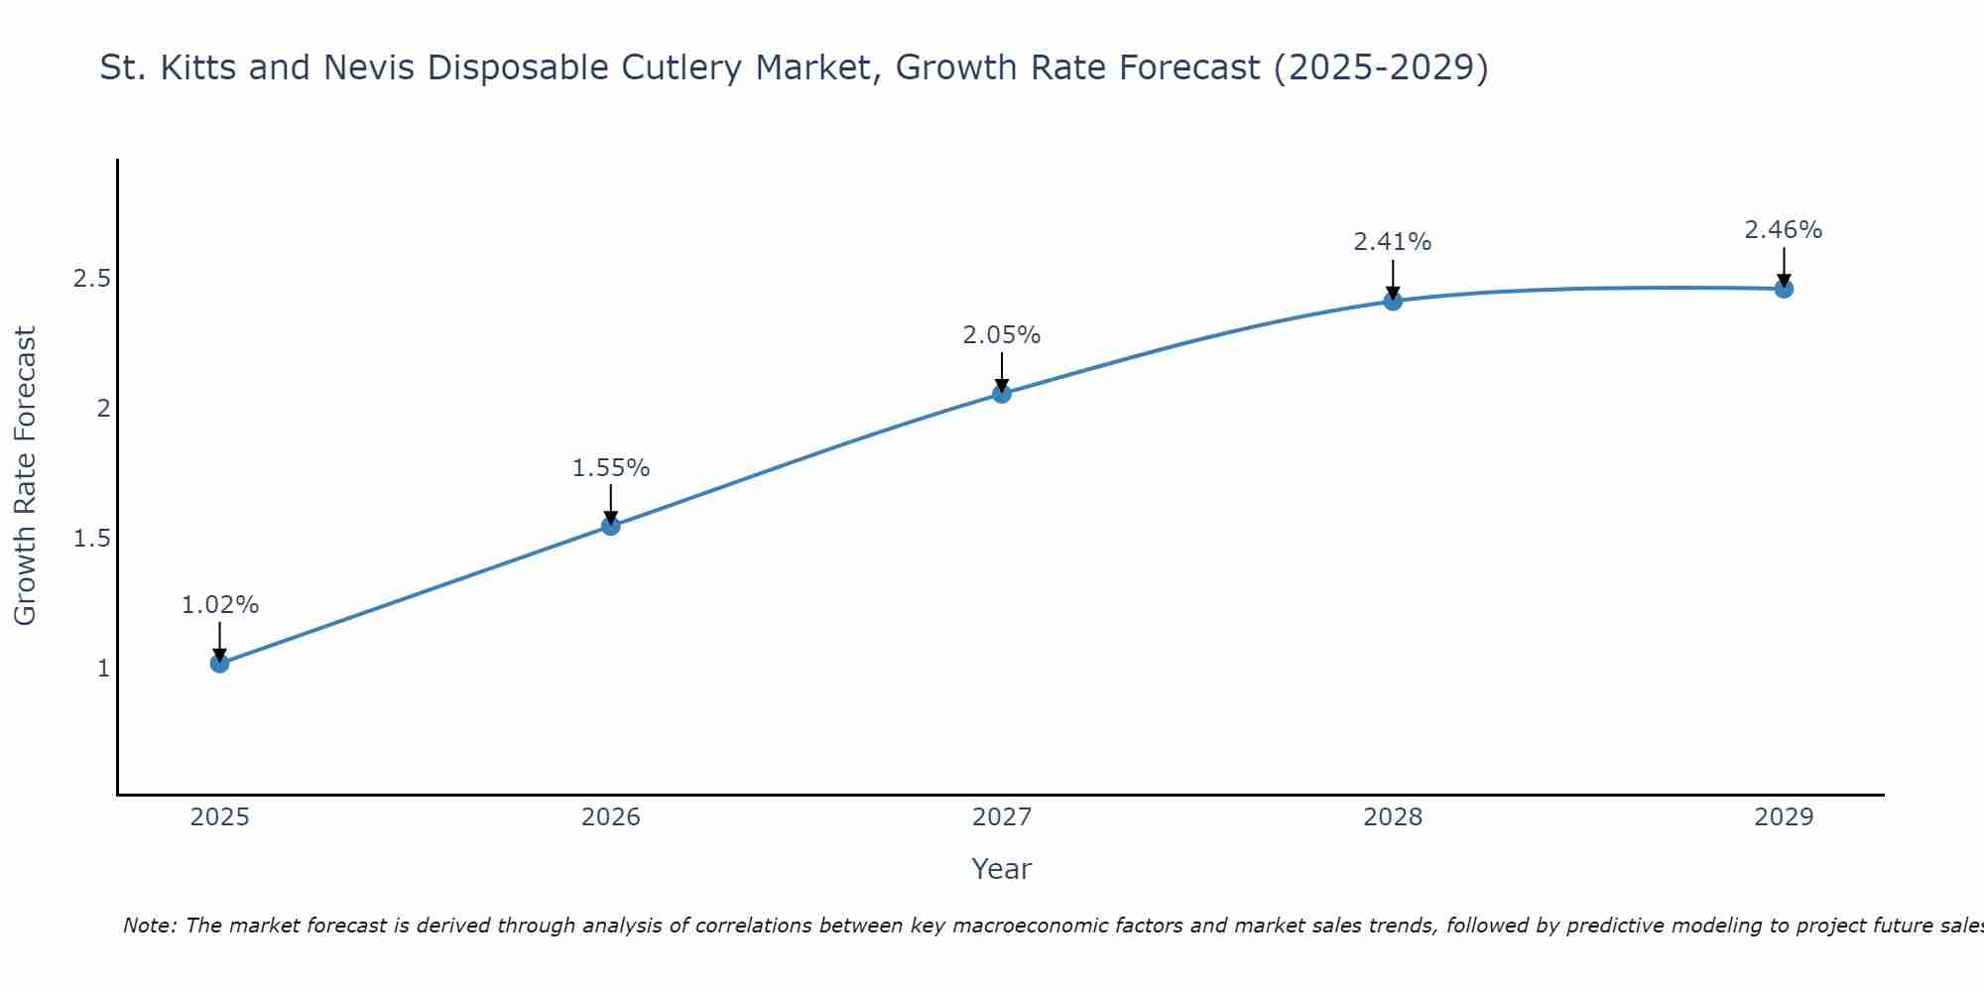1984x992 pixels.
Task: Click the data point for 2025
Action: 220,663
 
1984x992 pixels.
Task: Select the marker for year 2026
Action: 611,526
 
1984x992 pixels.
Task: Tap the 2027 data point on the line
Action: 1002,394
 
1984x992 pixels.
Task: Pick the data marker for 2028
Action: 1393,301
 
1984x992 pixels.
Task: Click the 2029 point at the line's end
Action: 1784,289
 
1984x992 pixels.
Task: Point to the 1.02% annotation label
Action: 220,605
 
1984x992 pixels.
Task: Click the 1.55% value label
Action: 611,468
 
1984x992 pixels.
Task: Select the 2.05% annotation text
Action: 1002,335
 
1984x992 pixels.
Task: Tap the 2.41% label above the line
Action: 1393,242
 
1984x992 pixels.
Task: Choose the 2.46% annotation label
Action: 1784,230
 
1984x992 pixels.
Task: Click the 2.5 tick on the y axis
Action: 91,279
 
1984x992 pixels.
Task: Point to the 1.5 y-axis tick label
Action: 91,539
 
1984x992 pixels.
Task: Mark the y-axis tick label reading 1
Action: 103,669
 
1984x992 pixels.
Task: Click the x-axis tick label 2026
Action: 611,817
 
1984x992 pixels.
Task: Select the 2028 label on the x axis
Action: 1393,817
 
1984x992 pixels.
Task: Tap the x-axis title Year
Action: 1002,869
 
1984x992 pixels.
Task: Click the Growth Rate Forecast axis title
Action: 26,476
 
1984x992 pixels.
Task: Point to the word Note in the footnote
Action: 149,926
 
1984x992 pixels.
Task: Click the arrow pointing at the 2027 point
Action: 1002,372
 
